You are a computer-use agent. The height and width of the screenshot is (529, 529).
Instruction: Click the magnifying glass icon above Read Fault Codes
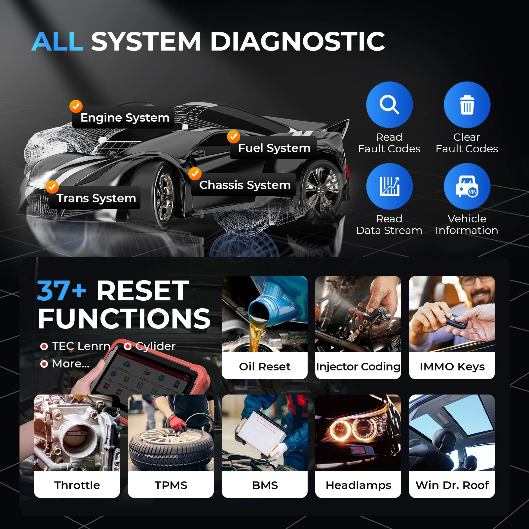tap(389, 104)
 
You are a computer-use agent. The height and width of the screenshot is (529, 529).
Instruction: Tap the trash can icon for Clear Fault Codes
tap(467, 104)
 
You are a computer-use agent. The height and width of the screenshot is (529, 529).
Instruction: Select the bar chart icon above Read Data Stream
tap(389, 186)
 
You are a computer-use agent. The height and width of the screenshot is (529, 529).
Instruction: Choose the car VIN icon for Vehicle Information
tap(467, 186)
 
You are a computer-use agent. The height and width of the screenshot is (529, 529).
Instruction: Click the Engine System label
tap(125, 118)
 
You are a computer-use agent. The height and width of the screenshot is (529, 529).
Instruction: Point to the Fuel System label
tap(274, 148)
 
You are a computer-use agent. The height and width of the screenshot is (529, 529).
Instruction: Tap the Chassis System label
tap(245, 185)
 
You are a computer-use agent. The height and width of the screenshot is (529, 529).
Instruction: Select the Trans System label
tap(96, 198)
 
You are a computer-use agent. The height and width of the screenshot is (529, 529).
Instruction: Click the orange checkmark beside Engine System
tap(76, 106)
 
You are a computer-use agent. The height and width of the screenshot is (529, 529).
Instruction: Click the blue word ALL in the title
tap(57, 42)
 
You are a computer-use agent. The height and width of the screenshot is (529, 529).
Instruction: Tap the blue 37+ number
tap(61, 291)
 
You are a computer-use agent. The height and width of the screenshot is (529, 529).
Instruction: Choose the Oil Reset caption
tap(264, 366)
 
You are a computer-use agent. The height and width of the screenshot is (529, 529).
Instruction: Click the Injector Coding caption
tap(358, 366)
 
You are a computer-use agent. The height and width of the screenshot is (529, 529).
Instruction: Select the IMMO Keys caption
tap(452, 366)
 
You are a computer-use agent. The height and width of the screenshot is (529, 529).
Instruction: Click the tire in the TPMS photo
tap(171, 446)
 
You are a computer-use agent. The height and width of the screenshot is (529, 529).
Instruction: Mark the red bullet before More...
tap(44, 364)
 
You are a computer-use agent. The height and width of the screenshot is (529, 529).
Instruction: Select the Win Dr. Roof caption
tap(452, 485)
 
